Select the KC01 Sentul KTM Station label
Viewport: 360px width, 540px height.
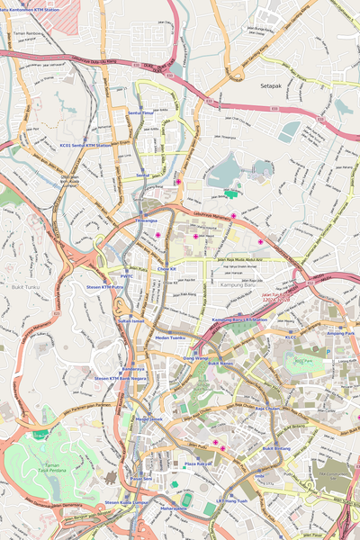point(85,144)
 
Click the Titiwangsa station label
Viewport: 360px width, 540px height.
point(147,220)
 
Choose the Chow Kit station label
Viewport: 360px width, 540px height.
point(166,268)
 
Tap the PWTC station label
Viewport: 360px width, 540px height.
point(126,276)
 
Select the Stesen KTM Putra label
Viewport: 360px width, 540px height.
point(104,288)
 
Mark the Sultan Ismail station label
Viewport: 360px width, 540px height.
point(131,319)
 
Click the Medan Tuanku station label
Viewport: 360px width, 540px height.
point(170,337)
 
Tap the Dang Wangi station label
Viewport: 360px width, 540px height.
point(195,358)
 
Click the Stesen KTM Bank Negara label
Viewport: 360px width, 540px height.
point(120,379)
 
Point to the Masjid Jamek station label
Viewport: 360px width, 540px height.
point(149,418)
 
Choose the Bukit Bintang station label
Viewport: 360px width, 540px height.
point(280,447)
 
